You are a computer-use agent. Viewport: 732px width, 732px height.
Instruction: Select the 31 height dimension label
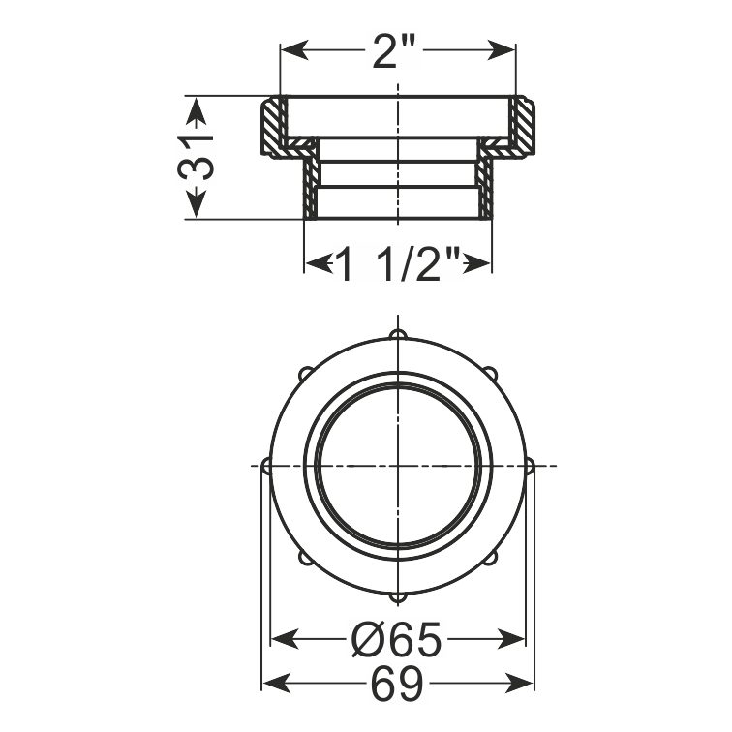196,157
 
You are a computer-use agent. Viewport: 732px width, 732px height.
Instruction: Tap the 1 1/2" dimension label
398,263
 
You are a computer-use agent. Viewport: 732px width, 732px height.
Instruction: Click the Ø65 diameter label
396,639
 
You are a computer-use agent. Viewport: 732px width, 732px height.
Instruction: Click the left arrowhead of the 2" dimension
294,50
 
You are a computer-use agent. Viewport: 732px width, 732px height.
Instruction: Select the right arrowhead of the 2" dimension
501,50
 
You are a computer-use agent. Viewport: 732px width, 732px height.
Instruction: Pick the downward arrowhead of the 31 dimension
196,203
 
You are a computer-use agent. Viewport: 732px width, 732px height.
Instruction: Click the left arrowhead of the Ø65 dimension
285,639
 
